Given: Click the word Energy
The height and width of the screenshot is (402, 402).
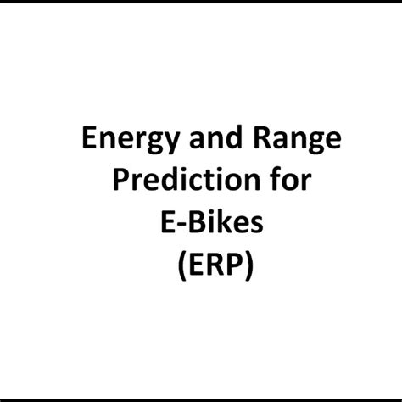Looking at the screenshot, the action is (x=131, y=140).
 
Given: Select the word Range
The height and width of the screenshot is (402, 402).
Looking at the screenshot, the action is (x=298, y=140).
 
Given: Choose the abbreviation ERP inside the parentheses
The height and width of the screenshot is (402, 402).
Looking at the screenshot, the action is (x=215, y=264).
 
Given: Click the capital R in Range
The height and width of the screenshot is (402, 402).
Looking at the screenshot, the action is (x=264, y=137).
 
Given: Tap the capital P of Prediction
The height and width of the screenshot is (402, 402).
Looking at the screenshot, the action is (x=121, y=180).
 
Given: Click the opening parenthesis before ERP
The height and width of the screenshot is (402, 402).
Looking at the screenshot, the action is (x=182, y=265).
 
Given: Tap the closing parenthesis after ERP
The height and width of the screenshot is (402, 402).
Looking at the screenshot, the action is (x=249, y=265).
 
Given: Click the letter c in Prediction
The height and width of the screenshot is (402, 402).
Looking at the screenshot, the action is (x=197, y=183).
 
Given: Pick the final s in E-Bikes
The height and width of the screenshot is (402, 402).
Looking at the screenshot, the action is (x=258, y=225).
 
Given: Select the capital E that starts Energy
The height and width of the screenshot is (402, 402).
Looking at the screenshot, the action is (x=89, y=137).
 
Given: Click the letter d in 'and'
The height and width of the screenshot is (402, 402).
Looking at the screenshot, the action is (x=234, y=137).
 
